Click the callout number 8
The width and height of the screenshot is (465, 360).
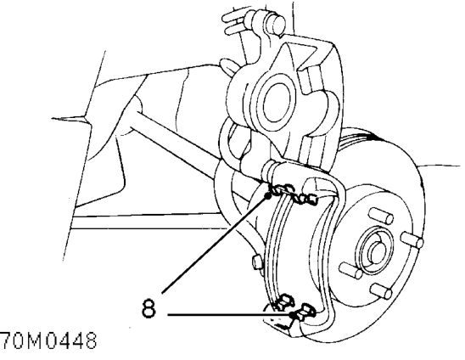tap(148, 308)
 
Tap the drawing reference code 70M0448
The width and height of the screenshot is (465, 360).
tap(48, 340)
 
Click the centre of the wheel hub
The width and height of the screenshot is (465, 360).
tap(376, 250)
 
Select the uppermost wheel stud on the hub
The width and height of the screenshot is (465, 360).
tap(381, 216)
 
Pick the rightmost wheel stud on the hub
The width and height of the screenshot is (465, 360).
tap(412, 239)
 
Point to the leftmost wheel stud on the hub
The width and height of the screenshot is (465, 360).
tap(350, 270)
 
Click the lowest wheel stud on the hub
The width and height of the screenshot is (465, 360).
tap(381, 290)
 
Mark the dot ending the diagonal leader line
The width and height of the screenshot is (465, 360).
tap(267, 196)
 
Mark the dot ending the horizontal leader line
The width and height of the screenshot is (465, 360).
tap(292, 315)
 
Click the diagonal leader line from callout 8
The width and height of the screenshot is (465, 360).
tap(215, 245)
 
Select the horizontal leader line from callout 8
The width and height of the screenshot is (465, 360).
tap(230, 315)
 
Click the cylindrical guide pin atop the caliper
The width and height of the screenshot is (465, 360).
tap(275, 23)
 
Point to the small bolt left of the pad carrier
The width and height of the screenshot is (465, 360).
tap(258, 262)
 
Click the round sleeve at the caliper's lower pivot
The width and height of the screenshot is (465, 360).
tap(271, 170)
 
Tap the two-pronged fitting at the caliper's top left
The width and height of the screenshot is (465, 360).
tap(234, 21)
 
